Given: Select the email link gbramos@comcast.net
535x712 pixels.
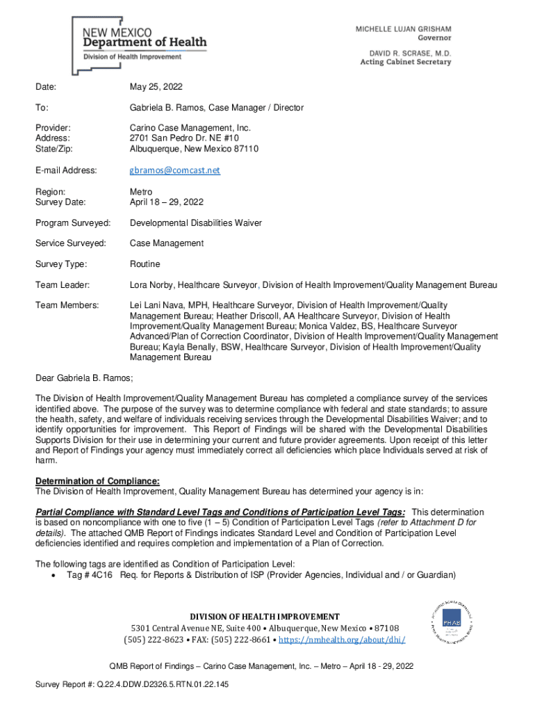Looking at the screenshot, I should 174,170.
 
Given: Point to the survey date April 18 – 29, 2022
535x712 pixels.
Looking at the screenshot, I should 166,202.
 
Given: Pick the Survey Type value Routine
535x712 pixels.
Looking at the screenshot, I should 145,264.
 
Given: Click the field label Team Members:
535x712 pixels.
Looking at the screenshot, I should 67,305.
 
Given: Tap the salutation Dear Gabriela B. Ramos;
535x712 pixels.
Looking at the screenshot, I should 84,378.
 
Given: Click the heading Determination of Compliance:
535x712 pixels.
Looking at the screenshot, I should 97,482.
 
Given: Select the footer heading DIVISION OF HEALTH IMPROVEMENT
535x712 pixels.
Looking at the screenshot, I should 265,617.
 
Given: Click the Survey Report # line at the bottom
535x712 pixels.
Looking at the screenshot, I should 132,685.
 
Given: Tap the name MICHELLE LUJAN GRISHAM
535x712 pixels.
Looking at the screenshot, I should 403,29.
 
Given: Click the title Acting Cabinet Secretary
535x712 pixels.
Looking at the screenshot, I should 405,62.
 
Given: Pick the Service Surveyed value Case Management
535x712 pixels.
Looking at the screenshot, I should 167,243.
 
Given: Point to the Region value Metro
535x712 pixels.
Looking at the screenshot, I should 141,192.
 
